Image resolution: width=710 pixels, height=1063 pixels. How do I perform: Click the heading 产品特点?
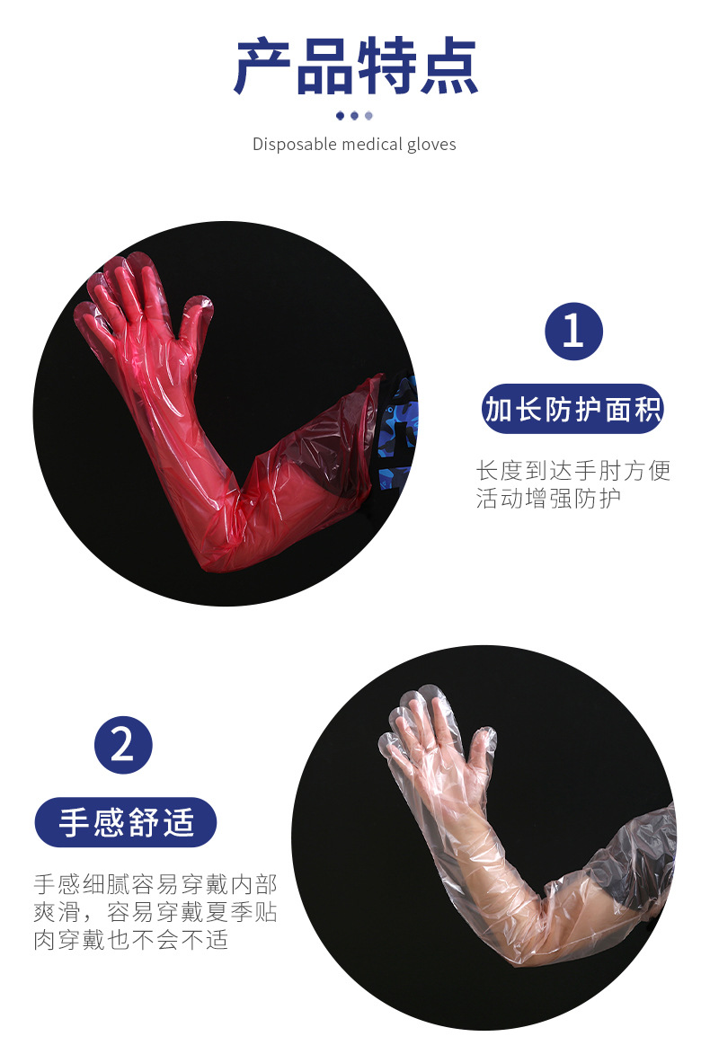pyautogui.click(x=355, y=66)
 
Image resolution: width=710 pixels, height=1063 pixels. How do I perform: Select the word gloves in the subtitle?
pyautogui.click(x=431, y=144)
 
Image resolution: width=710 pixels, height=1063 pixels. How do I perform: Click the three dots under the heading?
pyautogui.click(x=354, y=115)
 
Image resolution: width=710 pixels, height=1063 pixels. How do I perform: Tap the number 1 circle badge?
pyautogui.click(x=572, y=332)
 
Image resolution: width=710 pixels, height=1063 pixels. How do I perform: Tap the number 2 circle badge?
pyautogui.click(x=123, y=745)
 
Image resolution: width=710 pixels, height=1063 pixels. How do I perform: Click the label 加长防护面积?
pyautogui.click(x=572, y=410)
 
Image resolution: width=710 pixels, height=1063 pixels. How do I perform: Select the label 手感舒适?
pyautogui.click(x=126, y=822)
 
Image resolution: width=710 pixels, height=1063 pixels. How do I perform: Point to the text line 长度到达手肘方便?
pyautogui.click(x=572, y=470)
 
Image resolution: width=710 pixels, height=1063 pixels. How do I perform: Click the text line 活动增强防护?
pyautogui.click(x=548, y=498)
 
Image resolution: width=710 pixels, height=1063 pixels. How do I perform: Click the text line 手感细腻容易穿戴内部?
pyautogui.click(x=155, y=883)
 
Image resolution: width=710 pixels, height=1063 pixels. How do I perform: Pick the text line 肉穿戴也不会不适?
pyautogui.click(x=131, y=941)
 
